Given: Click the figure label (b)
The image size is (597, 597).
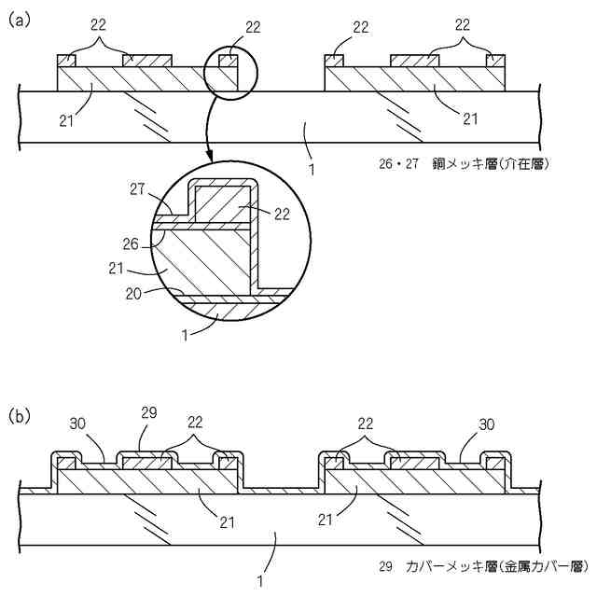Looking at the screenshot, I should click(21, 414).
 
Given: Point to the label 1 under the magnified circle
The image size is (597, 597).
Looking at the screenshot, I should click(186, 333).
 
